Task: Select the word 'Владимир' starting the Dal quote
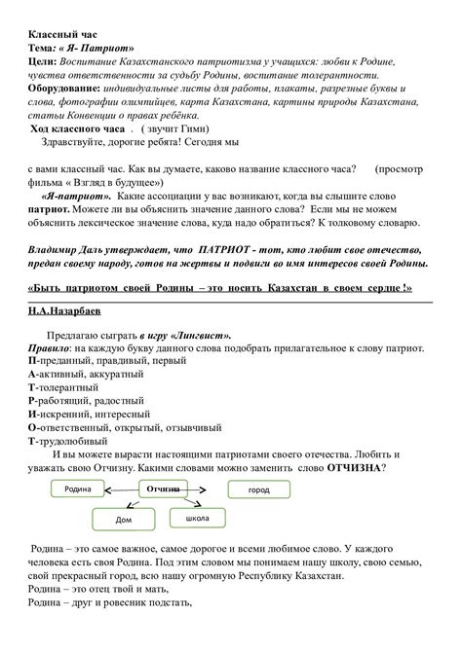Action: tap(58, 249)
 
